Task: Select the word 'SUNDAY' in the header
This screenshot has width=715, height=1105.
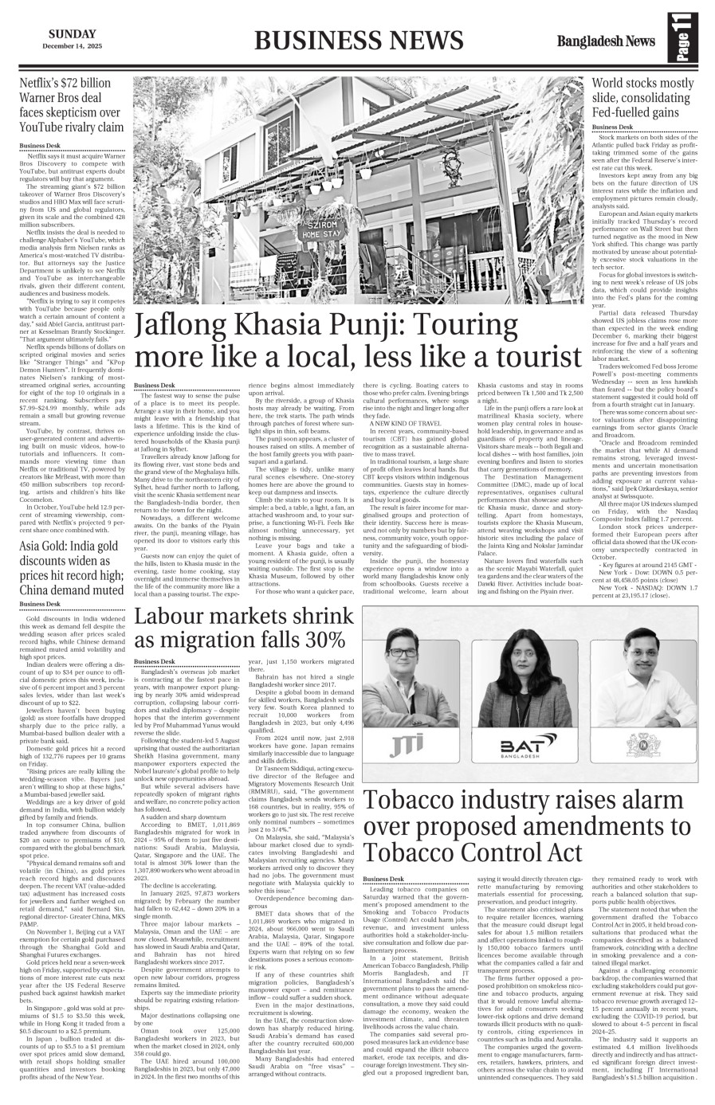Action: coord(72,33)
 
